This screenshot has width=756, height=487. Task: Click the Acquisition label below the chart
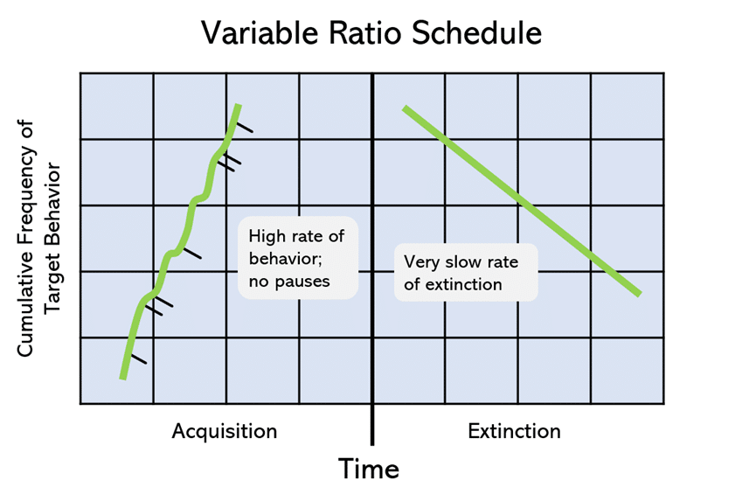(x=225, y=431)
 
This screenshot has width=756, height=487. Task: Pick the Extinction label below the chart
(x=514, y=431)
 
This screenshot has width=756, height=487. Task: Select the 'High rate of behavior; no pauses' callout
(x=297, y=258)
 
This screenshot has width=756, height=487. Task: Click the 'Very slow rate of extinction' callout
(x=465, y=273)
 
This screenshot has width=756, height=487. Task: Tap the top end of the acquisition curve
(x=237, y=107)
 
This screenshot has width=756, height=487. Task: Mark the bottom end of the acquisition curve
(x=122, y=377)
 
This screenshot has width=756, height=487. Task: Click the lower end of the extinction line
(x=640, y=294)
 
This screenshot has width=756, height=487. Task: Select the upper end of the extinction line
(x=405, y=108)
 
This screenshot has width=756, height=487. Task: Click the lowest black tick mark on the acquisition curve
(x=137, y=358)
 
